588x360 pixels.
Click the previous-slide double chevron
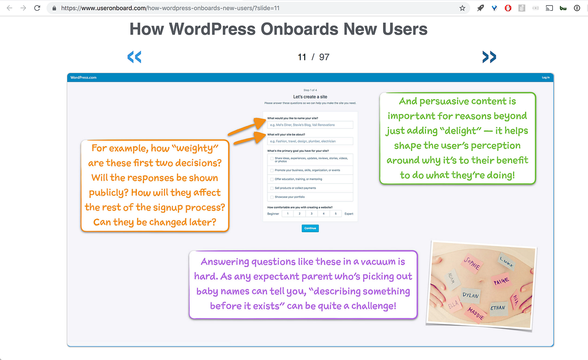tap(134, 57)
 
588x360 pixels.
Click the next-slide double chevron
tap(489, 57)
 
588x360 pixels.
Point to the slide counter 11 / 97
tap(314, 57)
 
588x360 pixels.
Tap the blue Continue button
tap(310, 228)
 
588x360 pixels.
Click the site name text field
tap(310, 125)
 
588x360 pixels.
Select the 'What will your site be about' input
tap(310, 141)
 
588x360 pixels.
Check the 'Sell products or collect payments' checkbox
tap(272, 188)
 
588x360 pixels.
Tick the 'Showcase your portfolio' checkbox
tap(272, 197)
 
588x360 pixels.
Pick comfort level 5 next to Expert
tap(336, 214)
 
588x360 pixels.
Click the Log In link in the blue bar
tap(545, 77)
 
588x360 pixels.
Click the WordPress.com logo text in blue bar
tap(83, 77)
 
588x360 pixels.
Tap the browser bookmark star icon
tap(462, 8)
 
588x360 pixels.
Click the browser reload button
tap(37, 8)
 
